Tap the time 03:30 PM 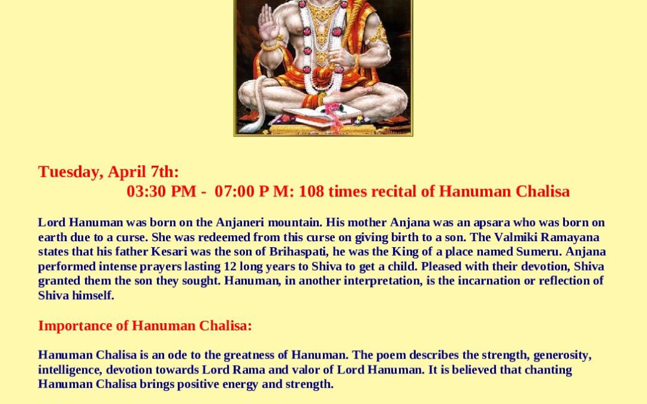click(x=161, y=192)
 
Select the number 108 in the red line click(x=312, y=192)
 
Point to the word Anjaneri click(x=240, y=223)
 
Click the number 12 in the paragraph click(x=230, y=266)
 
